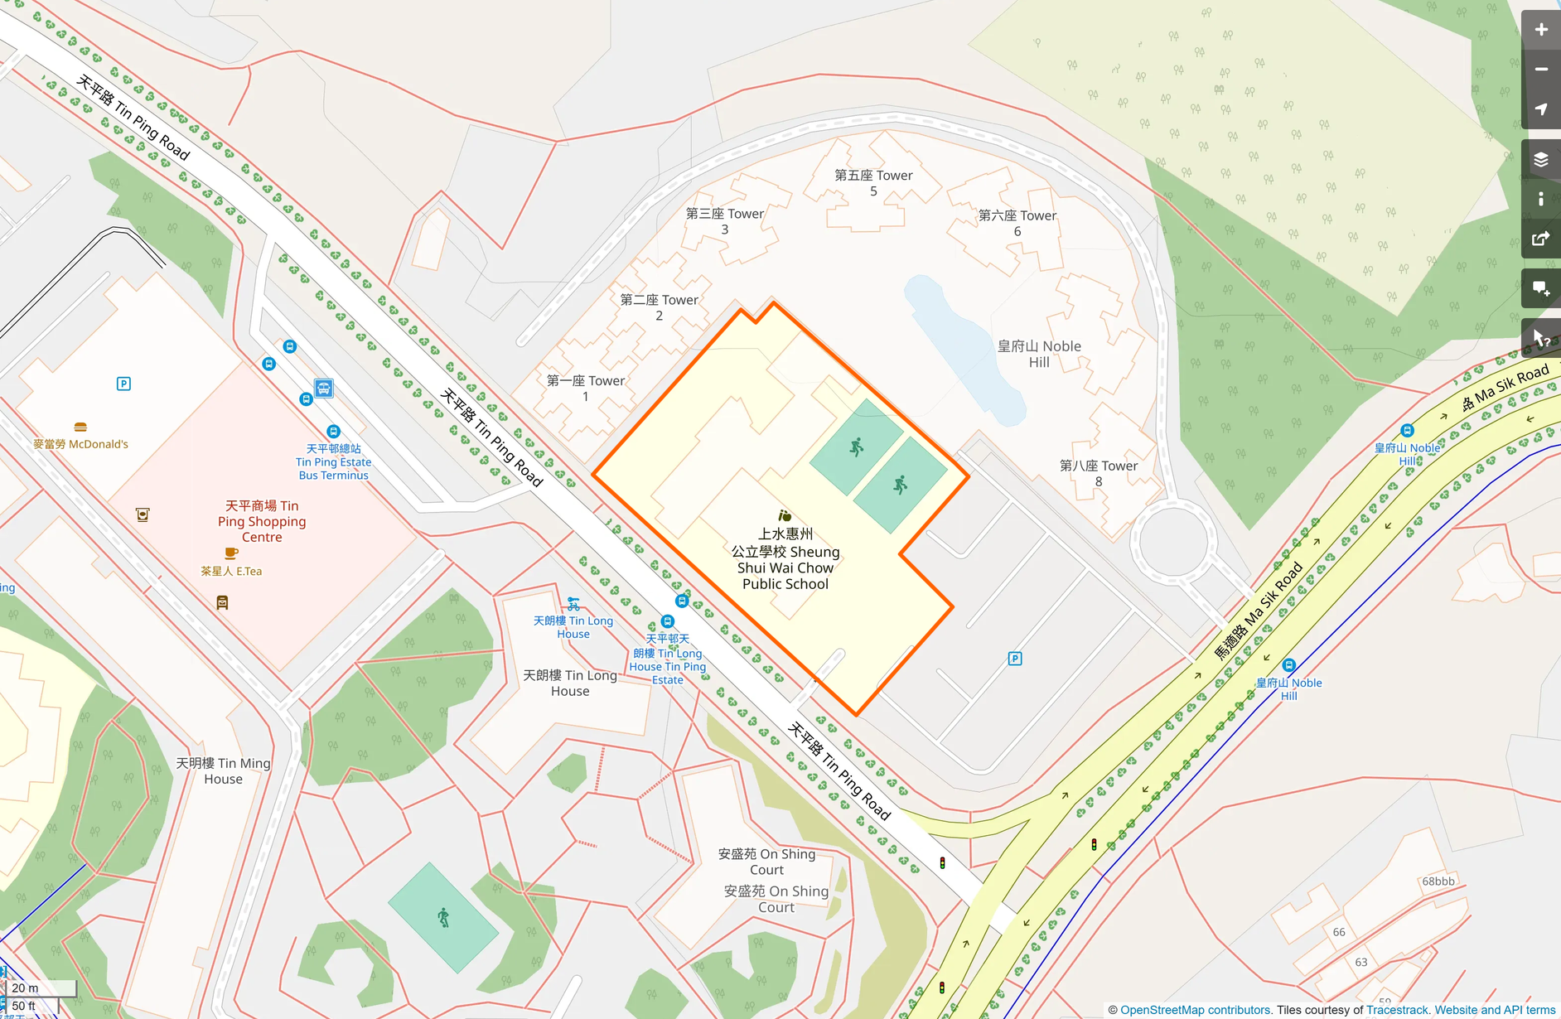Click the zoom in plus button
pos(1540,30)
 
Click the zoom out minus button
pos(1540,70)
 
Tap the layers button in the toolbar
pos(1540,160)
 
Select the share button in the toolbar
pos(1540,239)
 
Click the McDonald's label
pos(81,444)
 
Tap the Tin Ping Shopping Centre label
pos(262,521)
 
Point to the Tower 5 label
pos(873,183)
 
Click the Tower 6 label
pos(1017,223)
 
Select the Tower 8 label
pos(1099,473)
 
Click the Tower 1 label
pos(586,388)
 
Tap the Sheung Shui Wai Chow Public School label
pos(785,559)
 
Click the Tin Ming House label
pos(223,770)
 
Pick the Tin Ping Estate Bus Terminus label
pos(333,462)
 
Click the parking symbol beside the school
pos(1015,659)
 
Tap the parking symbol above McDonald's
pos(123,384)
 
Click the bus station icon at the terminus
pos(324,388)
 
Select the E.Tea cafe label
pos(231,571)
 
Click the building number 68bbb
pos(1438,881)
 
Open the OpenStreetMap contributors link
pos(1195,1010)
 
